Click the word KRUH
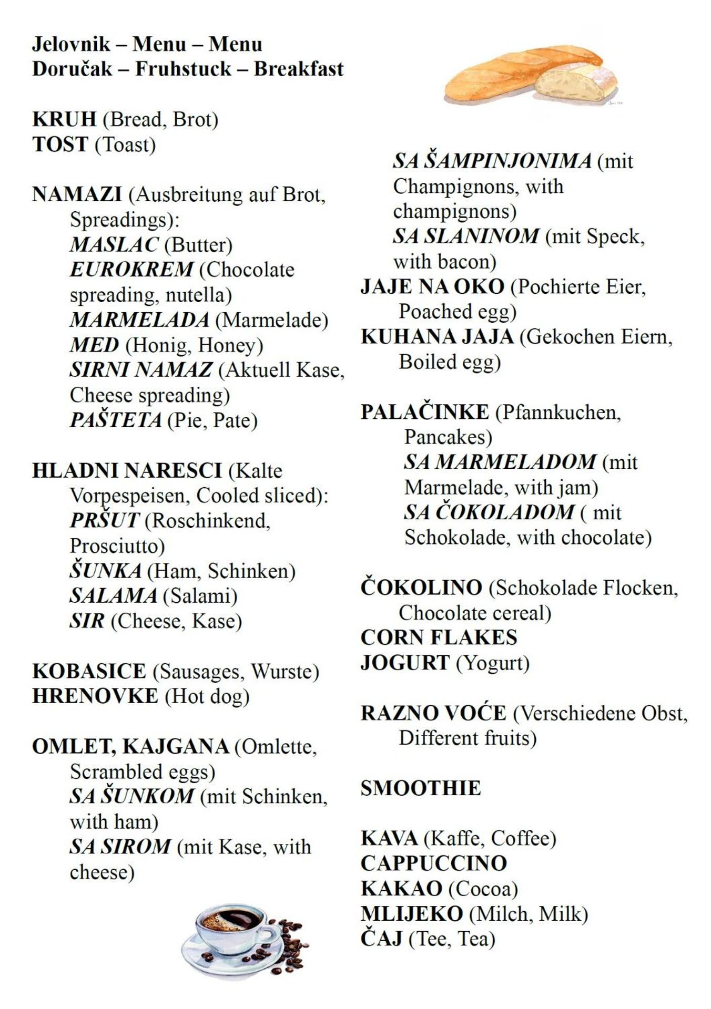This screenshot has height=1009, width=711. (x=64, y=120)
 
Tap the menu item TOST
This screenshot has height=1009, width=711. (x=60, y=145)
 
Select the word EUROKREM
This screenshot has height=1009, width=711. (x=131, y=270)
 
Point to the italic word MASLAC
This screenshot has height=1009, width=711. (x=114, y=244)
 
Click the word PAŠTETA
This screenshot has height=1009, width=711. (x=116, y=420)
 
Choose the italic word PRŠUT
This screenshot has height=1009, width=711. (x=104, y=521)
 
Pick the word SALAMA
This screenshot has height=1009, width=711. (x=113, y=596)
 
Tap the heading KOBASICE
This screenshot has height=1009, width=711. (x=89, y=671)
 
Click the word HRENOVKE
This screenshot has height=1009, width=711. (x=95, y=696)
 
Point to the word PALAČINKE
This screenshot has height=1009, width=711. (x=424, y=413)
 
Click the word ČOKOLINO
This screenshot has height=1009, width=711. (x=421, y=588)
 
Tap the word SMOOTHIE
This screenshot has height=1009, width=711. (x=421, y=788)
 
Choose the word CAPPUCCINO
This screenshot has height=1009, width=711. (x=434, y=863)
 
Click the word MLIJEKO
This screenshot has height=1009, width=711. (x=412, y=914)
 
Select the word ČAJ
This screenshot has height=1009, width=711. (x=381, y=939)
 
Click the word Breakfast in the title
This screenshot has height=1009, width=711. (x=299, y=69)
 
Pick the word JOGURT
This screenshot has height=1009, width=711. (x=405, y=663)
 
